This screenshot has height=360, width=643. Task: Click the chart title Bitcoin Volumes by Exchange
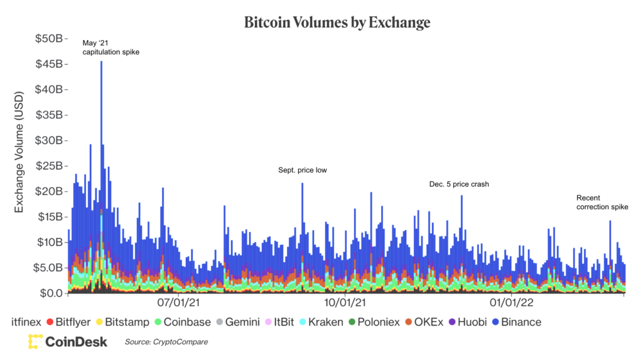coord(337,22)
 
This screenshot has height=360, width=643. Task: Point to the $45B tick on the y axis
coord(66,64)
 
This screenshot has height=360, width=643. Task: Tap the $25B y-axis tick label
coord(49,166)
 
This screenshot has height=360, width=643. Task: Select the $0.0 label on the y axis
coord(51,293)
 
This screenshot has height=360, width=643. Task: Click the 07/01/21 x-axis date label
coord(178,303)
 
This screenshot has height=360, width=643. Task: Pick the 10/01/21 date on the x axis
coord(345,303)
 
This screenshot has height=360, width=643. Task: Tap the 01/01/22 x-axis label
coord(511,303)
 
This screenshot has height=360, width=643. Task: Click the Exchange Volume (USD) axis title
coord(19,152)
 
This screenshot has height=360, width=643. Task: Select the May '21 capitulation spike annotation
coord(111,47)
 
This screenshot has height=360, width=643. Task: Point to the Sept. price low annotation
coord(302,170)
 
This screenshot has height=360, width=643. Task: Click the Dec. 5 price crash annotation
coord(459,184)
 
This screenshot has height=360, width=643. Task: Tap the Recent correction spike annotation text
coord(602,202)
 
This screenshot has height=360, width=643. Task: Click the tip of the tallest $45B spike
coord(101,62)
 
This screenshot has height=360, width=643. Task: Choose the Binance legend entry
coord(517,322)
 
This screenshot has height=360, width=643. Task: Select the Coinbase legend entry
coord(183,322)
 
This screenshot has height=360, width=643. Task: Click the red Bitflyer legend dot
coord(50,322)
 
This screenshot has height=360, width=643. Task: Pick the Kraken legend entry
coord(321,322)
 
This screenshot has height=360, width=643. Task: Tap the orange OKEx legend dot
coord(408,322)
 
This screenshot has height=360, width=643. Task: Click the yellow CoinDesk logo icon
coord(35,342)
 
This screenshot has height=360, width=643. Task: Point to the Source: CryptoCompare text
coord(166,342)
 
